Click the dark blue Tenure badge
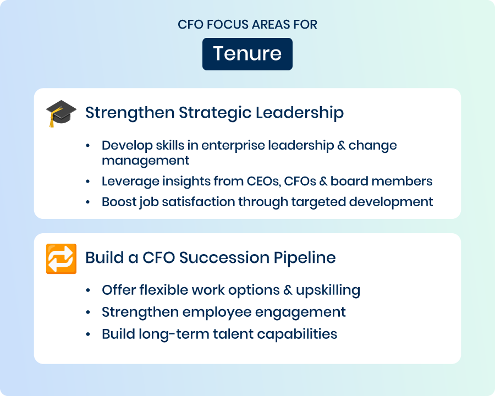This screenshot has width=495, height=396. (x=247, y=54)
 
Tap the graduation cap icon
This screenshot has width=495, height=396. (x=61, y=113)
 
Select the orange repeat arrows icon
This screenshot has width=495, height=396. (x=61, y=258)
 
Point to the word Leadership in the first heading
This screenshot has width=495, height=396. (x=300, y=113)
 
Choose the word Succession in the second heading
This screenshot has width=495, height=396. (x=224, y=257)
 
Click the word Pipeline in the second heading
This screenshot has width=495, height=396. (x=305, y=258)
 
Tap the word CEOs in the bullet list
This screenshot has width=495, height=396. (x=263, y=182)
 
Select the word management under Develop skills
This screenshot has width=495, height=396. (x=145, y=161)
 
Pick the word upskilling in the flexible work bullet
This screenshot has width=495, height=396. (x=328, y=290)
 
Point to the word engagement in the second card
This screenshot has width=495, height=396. (x=300, y=312)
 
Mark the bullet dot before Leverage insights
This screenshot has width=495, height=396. (x=88, y=182)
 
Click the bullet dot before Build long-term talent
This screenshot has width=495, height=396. (x=88, y=334)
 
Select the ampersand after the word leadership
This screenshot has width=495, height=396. (x=341, y=146)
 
